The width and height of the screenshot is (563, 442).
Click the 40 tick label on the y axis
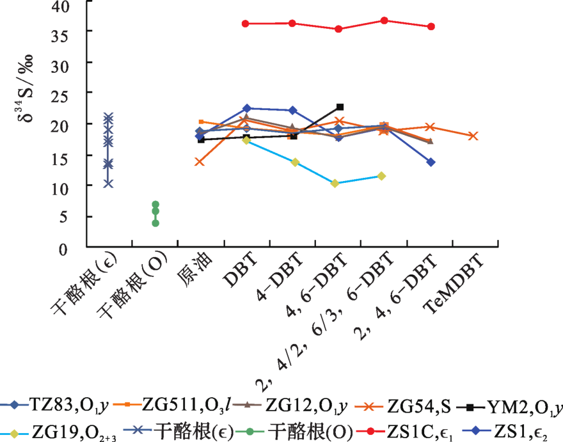(x=67, y=7)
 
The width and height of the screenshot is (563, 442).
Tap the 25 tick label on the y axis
(x=67, y=94)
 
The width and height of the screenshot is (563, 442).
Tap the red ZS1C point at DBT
(x=246, y=24)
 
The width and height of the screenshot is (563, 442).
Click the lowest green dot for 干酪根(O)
(x=155, y=223)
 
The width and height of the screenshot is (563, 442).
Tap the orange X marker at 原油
(x=200, y=162)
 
